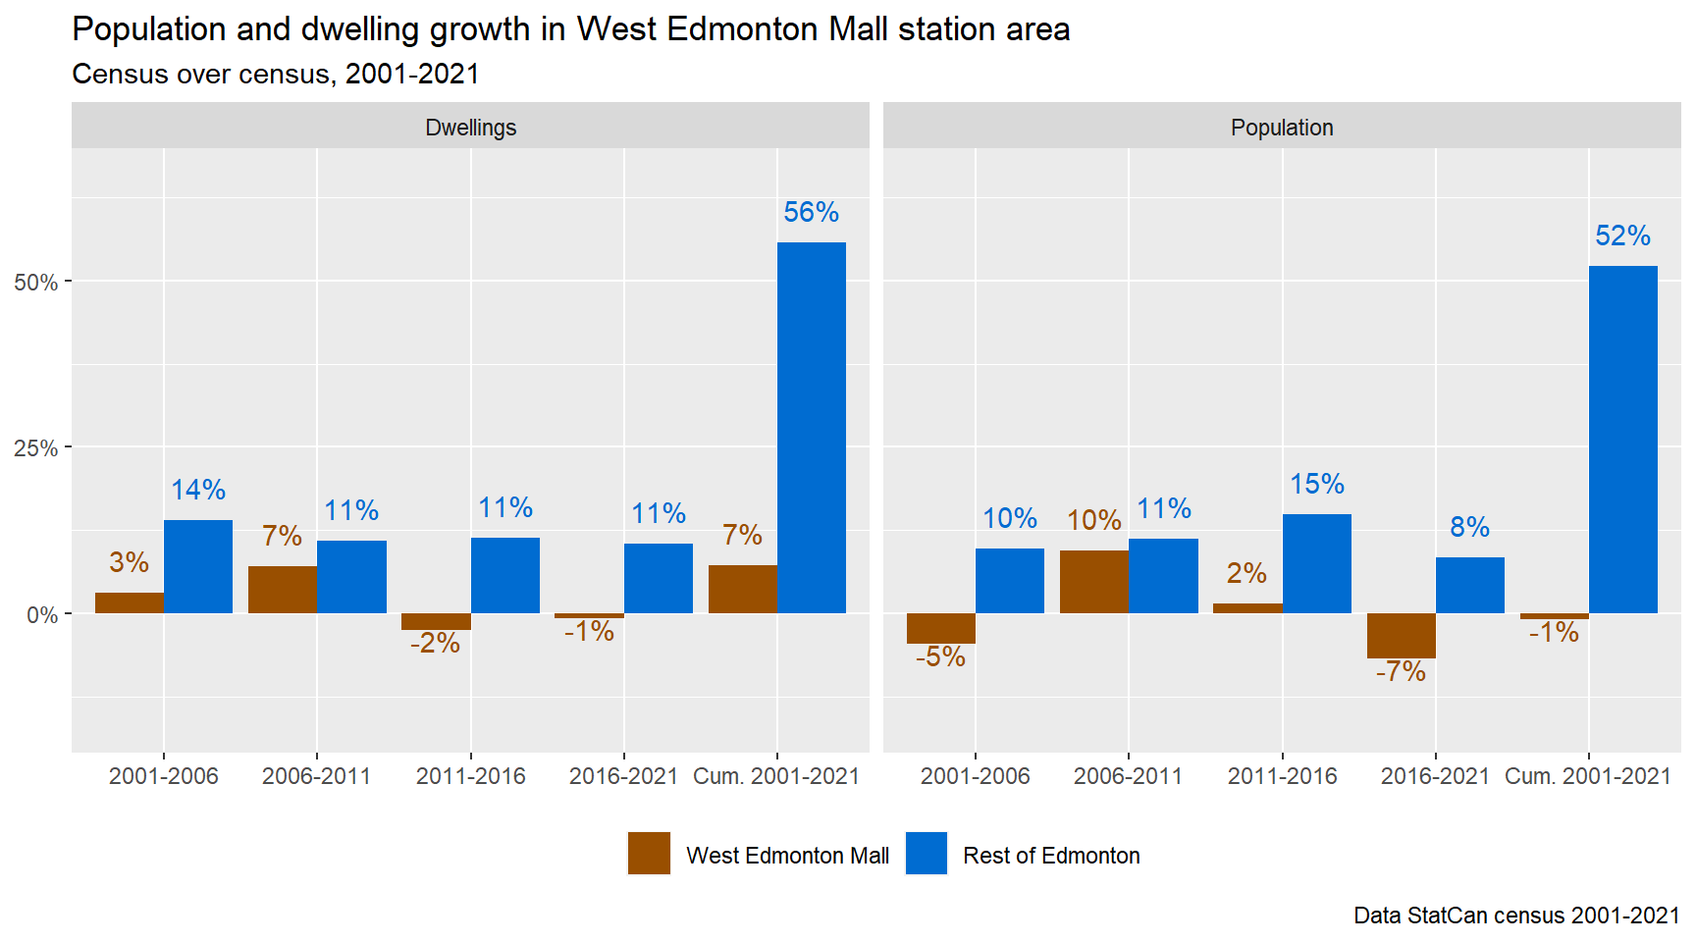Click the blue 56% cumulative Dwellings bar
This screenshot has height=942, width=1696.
point(811,428)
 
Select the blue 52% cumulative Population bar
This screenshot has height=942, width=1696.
point(1622,440)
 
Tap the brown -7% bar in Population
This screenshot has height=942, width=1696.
point(1401,636)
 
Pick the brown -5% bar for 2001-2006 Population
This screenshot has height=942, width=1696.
point(940,628)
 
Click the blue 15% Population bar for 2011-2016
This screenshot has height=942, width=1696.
point(1316,563)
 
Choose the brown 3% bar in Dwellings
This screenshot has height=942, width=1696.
point(130,602)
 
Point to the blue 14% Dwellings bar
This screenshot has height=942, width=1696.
point(198,566)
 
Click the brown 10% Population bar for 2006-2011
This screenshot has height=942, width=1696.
point(1093,582)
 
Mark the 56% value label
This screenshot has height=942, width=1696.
point(811,212)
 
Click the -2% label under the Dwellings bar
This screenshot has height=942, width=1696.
point(435,644)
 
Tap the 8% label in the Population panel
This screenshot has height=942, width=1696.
point(1469,527)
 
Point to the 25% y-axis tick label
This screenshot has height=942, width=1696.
point(36,448)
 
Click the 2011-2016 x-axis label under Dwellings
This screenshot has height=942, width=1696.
point(470,776)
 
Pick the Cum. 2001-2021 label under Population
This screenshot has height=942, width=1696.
point(1587,776)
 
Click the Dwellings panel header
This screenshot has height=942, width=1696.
point(470,128)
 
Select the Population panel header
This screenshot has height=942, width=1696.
point(1282,128)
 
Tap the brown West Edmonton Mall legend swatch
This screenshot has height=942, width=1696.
point(649,854)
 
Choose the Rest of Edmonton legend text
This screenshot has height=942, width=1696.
point(1051,856)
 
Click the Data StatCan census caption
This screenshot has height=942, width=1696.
point(1515,916)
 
